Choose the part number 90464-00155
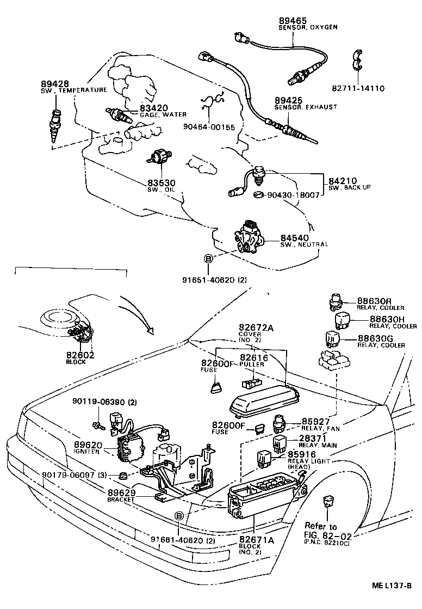tap(210, 127)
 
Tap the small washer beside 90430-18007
tap(259, 194)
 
